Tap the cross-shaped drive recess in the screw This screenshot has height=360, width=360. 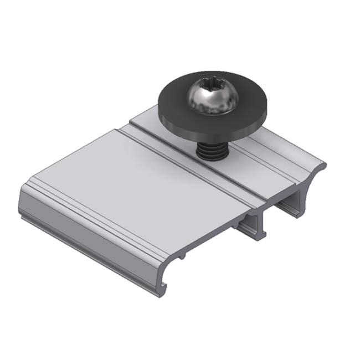tap(212, 89)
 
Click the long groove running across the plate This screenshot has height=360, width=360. tap(183, 161)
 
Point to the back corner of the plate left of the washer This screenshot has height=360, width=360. tap(133, 119)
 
